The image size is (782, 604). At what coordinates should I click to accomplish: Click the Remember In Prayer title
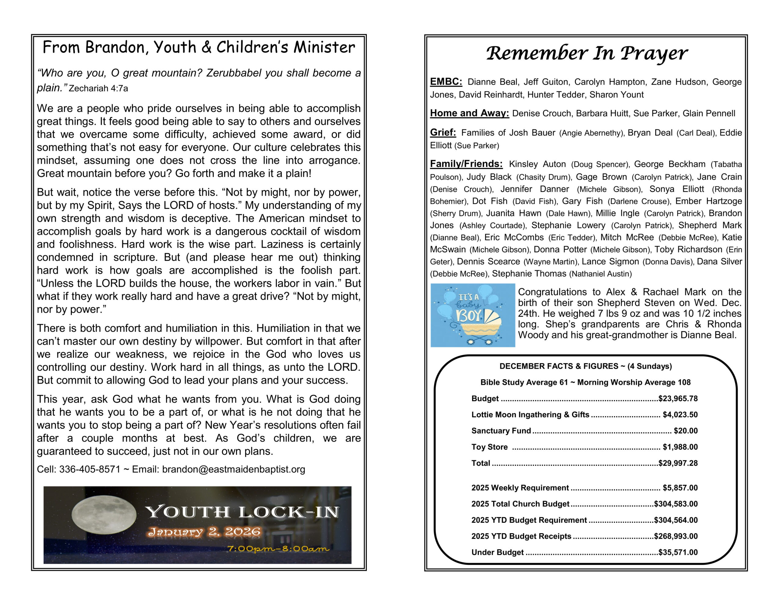click(x=586, y=54)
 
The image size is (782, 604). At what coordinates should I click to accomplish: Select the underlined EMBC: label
click(x=446, y=82)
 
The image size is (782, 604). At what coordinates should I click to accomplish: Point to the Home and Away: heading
click(x=469, y=113)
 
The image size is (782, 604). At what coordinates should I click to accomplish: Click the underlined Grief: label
click(x=443, y=133)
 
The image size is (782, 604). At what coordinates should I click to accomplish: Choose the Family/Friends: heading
click(x=466, y=164)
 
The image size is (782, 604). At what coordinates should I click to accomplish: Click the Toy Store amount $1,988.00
click(x=680, y=447)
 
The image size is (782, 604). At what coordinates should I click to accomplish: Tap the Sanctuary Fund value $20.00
click(x=685, y=431)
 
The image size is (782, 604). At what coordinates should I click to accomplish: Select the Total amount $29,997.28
click(x=678, y=463)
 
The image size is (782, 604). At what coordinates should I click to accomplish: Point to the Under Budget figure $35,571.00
click(x=678, y=552)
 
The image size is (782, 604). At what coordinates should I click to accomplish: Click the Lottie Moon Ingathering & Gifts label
click(x=530, y=415)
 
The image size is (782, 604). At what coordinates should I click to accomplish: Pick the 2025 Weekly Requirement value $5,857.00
click(x=680, y=488)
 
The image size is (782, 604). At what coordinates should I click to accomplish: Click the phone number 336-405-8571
click(x=90, y=469)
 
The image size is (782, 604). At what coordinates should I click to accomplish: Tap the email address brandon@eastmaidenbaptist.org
click(x=233, y=469)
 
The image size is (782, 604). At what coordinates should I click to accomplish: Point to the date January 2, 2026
click(x=204, y=532)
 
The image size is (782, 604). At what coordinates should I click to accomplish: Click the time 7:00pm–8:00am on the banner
click(x=278, y=549)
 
